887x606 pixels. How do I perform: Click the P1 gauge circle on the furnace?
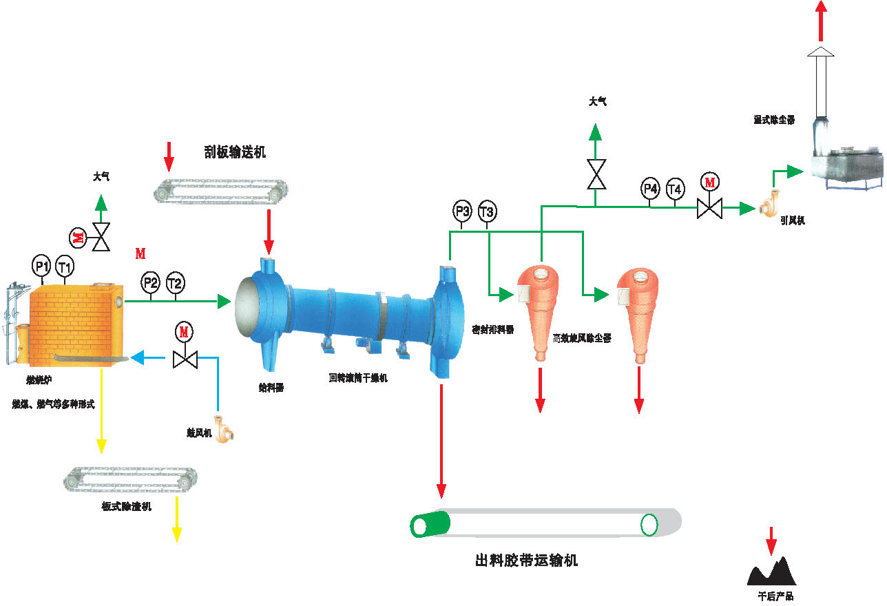(42, 265)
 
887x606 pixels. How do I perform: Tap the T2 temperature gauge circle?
(175, 282)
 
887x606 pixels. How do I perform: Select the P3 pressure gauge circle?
(462, 211)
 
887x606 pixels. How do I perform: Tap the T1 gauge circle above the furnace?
(65, 265)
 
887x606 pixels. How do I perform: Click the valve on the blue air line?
(185, 358)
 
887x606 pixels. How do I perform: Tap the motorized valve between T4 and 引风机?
(709, 207)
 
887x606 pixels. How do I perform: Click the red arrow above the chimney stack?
(820, 21)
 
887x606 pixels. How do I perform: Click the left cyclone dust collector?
(540, 306)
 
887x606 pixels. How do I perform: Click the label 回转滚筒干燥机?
(358, 378)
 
